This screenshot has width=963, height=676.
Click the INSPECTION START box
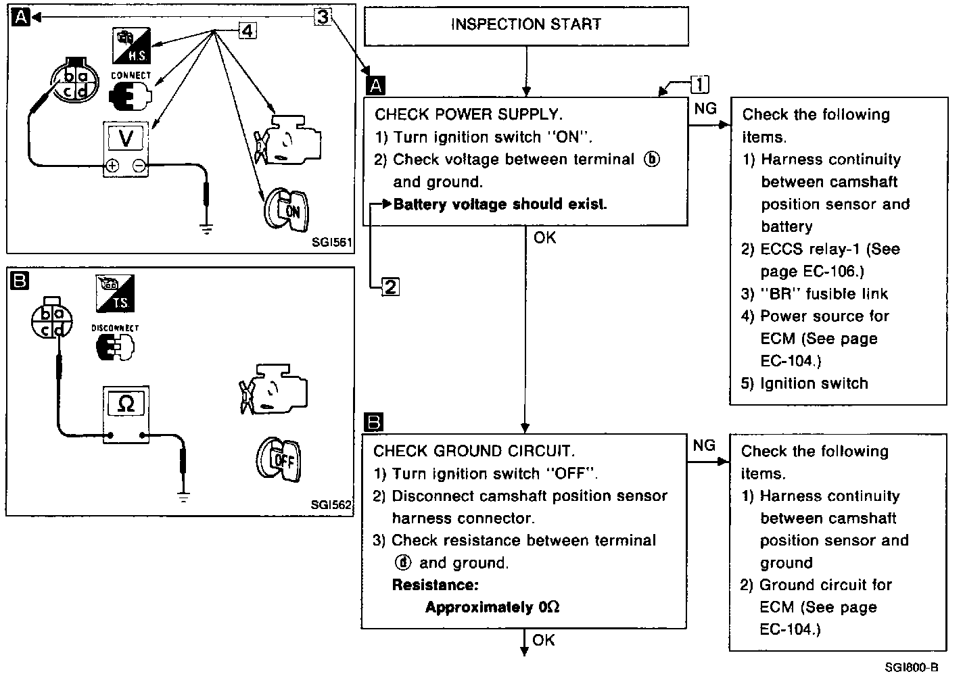tap(526, 25)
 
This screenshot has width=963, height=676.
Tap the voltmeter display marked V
tap(126, 138)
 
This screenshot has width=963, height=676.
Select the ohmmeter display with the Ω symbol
tap(126, 404)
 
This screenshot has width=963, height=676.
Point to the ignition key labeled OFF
tap(279, 460)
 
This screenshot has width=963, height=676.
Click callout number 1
tap(700, 84)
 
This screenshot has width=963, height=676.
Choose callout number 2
tap(391, 287)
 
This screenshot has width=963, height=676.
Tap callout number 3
tap(323, 16)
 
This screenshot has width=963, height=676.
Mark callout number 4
tap(248, 30)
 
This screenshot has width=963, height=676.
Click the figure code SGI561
tap(332, 241)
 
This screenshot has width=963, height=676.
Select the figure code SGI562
tap(331, 504)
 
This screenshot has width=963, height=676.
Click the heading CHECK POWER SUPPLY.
tap(469, 114)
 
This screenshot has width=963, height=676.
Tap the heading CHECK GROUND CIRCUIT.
tap(474, 451)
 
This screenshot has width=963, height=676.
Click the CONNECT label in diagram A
tap(131, 76)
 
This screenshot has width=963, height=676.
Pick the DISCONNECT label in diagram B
tap(115, 328)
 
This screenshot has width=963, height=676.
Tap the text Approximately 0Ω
tap(492, 607)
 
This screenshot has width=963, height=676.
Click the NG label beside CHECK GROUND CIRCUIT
tap(704, 445)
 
